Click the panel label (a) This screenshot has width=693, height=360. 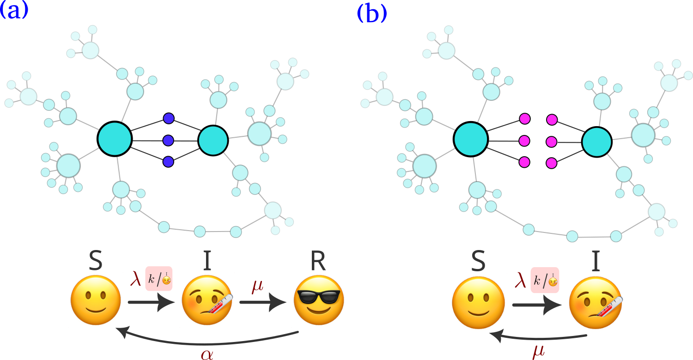click(13, 11)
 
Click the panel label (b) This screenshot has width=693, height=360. click(372, 13)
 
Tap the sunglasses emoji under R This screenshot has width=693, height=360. click(319, 300)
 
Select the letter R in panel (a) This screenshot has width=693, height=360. click(318, 261)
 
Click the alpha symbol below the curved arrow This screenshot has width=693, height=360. click(207, 354)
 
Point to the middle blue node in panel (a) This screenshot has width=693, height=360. click(168, 140)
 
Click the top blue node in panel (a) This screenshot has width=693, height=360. click(169, 118)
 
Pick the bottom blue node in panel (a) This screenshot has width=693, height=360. click(168, 162)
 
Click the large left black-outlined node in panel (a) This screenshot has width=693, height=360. click(115, 139)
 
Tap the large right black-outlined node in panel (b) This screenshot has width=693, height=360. click(597, 142)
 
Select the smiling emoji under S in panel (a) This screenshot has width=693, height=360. click(96, 300)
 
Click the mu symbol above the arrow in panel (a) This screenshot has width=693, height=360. click(257, 286)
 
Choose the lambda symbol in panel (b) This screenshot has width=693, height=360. click(520, 280)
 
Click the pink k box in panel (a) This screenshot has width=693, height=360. click(159, 279)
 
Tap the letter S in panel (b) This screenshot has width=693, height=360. click(478, 261)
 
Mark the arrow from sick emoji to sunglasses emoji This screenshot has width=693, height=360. click(263, 302)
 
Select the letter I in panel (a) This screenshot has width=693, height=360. click(207, 261)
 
